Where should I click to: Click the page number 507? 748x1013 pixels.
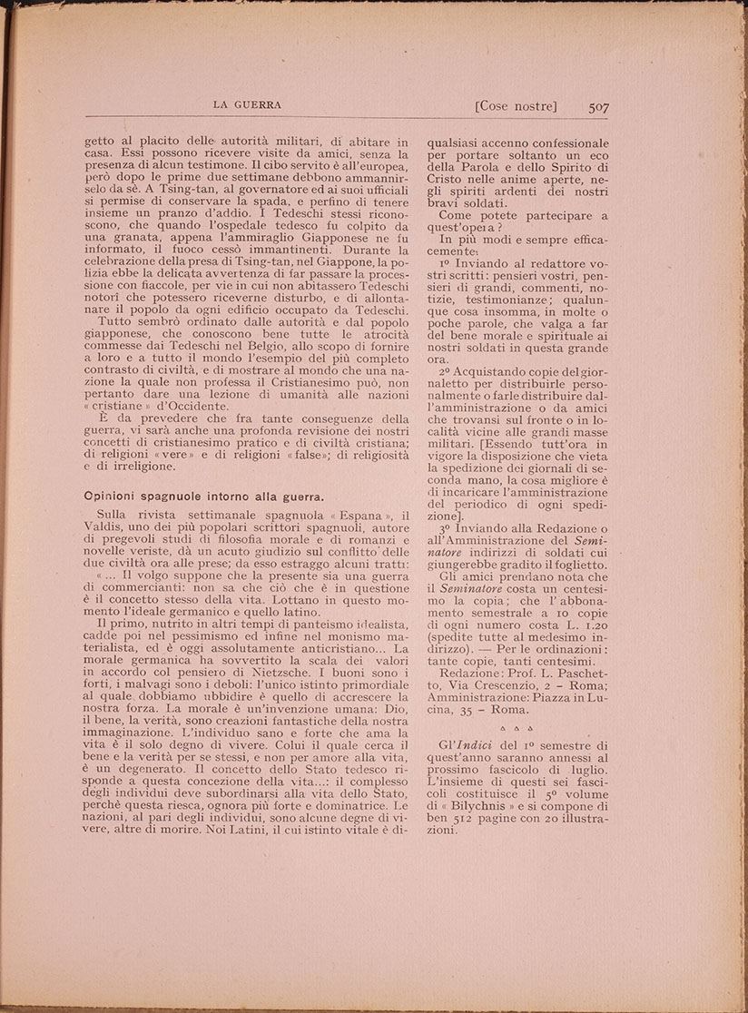598,107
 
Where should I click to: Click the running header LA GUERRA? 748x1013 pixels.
247,104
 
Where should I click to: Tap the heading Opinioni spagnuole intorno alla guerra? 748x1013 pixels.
203,497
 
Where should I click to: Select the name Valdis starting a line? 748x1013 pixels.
106,528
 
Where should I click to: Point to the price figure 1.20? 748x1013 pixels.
590,625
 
